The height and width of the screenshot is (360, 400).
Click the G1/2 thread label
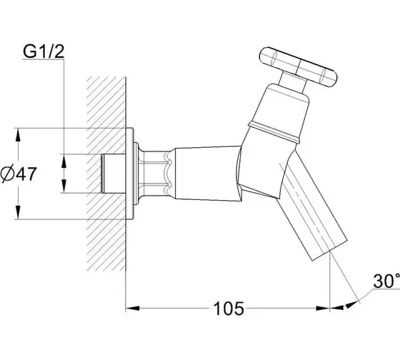click(44, 51)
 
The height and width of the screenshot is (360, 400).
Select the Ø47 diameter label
click(19, 174)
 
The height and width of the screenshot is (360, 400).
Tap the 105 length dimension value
click(229, 309)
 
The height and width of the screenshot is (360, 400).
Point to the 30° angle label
click(386, 281)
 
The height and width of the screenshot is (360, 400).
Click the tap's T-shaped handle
click(299, 67)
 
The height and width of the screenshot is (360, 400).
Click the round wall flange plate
click(129, 174)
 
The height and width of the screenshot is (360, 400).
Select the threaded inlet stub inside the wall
click(113, 174)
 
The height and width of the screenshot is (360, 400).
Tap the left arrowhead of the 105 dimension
click(133, 309)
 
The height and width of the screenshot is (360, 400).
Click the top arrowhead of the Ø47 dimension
click(18, 135)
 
